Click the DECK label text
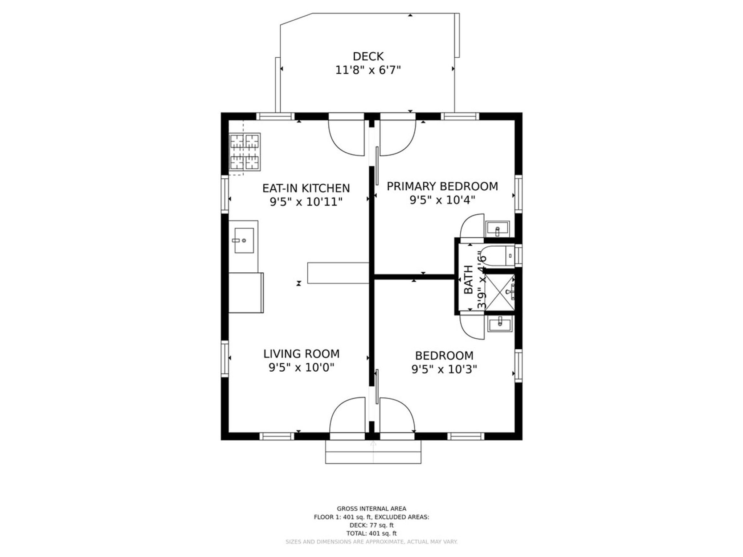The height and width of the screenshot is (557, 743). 368,57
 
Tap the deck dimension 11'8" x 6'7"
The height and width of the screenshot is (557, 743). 368,70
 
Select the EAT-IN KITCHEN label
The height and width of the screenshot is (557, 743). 306,188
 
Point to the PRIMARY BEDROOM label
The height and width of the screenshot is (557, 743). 442,186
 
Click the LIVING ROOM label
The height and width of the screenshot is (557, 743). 301,354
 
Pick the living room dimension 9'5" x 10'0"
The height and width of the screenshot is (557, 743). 301,367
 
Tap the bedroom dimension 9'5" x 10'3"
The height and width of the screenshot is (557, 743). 444,369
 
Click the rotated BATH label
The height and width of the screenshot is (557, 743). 468,280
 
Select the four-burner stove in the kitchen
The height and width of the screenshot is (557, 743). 245,152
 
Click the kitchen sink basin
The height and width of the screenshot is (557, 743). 244,240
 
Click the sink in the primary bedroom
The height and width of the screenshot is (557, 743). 497,228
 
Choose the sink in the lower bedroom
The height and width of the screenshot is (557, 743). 500,323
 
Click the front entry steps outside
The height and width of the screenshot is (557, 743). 373,452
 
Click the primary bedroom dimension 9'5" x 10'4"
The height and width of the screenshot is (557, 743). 442,200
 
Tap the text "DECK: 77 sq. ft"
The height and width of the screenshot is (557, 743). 371,525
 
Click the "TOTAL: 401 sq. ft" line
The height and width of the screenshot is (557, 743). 371,533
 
